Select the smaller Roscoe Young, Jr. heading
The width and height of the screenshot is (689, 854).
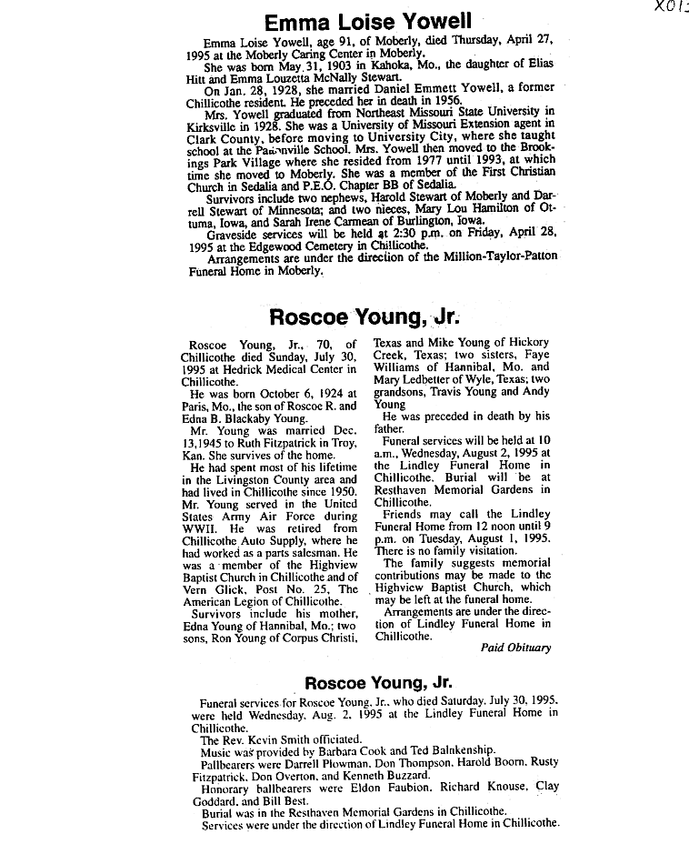pyautogui.click(x=378, y=682)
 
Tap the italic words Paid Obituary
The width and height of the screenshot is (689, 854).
pyautogui.click(x=516, y=648)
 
